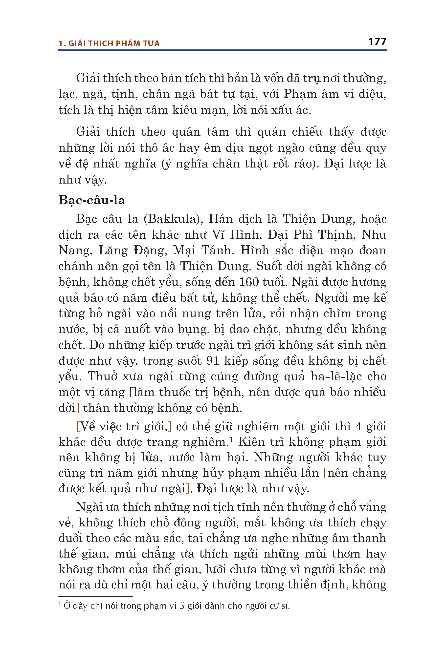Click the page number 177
click(377, 42)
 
